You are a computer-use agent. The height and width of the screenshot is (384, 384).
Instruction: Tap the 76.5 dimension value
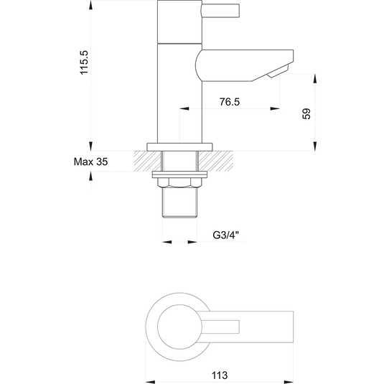pyautogui.click(x=230, y=103)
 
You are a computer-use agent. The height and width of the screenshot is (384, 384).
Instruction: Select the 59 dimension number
pyautogui.click(x=306, y=113)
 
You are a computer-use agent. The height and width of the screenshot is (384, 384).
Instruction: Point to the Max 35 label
pyautogui.click(x=90, y=162)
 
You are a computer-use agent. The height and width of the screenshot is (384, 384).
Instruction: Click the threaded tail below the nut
pyautogui.click(x=180, y=205)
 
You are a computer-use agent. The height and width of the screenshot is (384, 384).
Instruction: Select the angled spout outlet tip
pyautogui.click(x=278, y=72)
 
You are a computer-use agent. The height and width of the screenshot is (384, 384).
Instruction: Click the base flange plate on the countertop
pyautogui.click(x=180, y=146)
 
